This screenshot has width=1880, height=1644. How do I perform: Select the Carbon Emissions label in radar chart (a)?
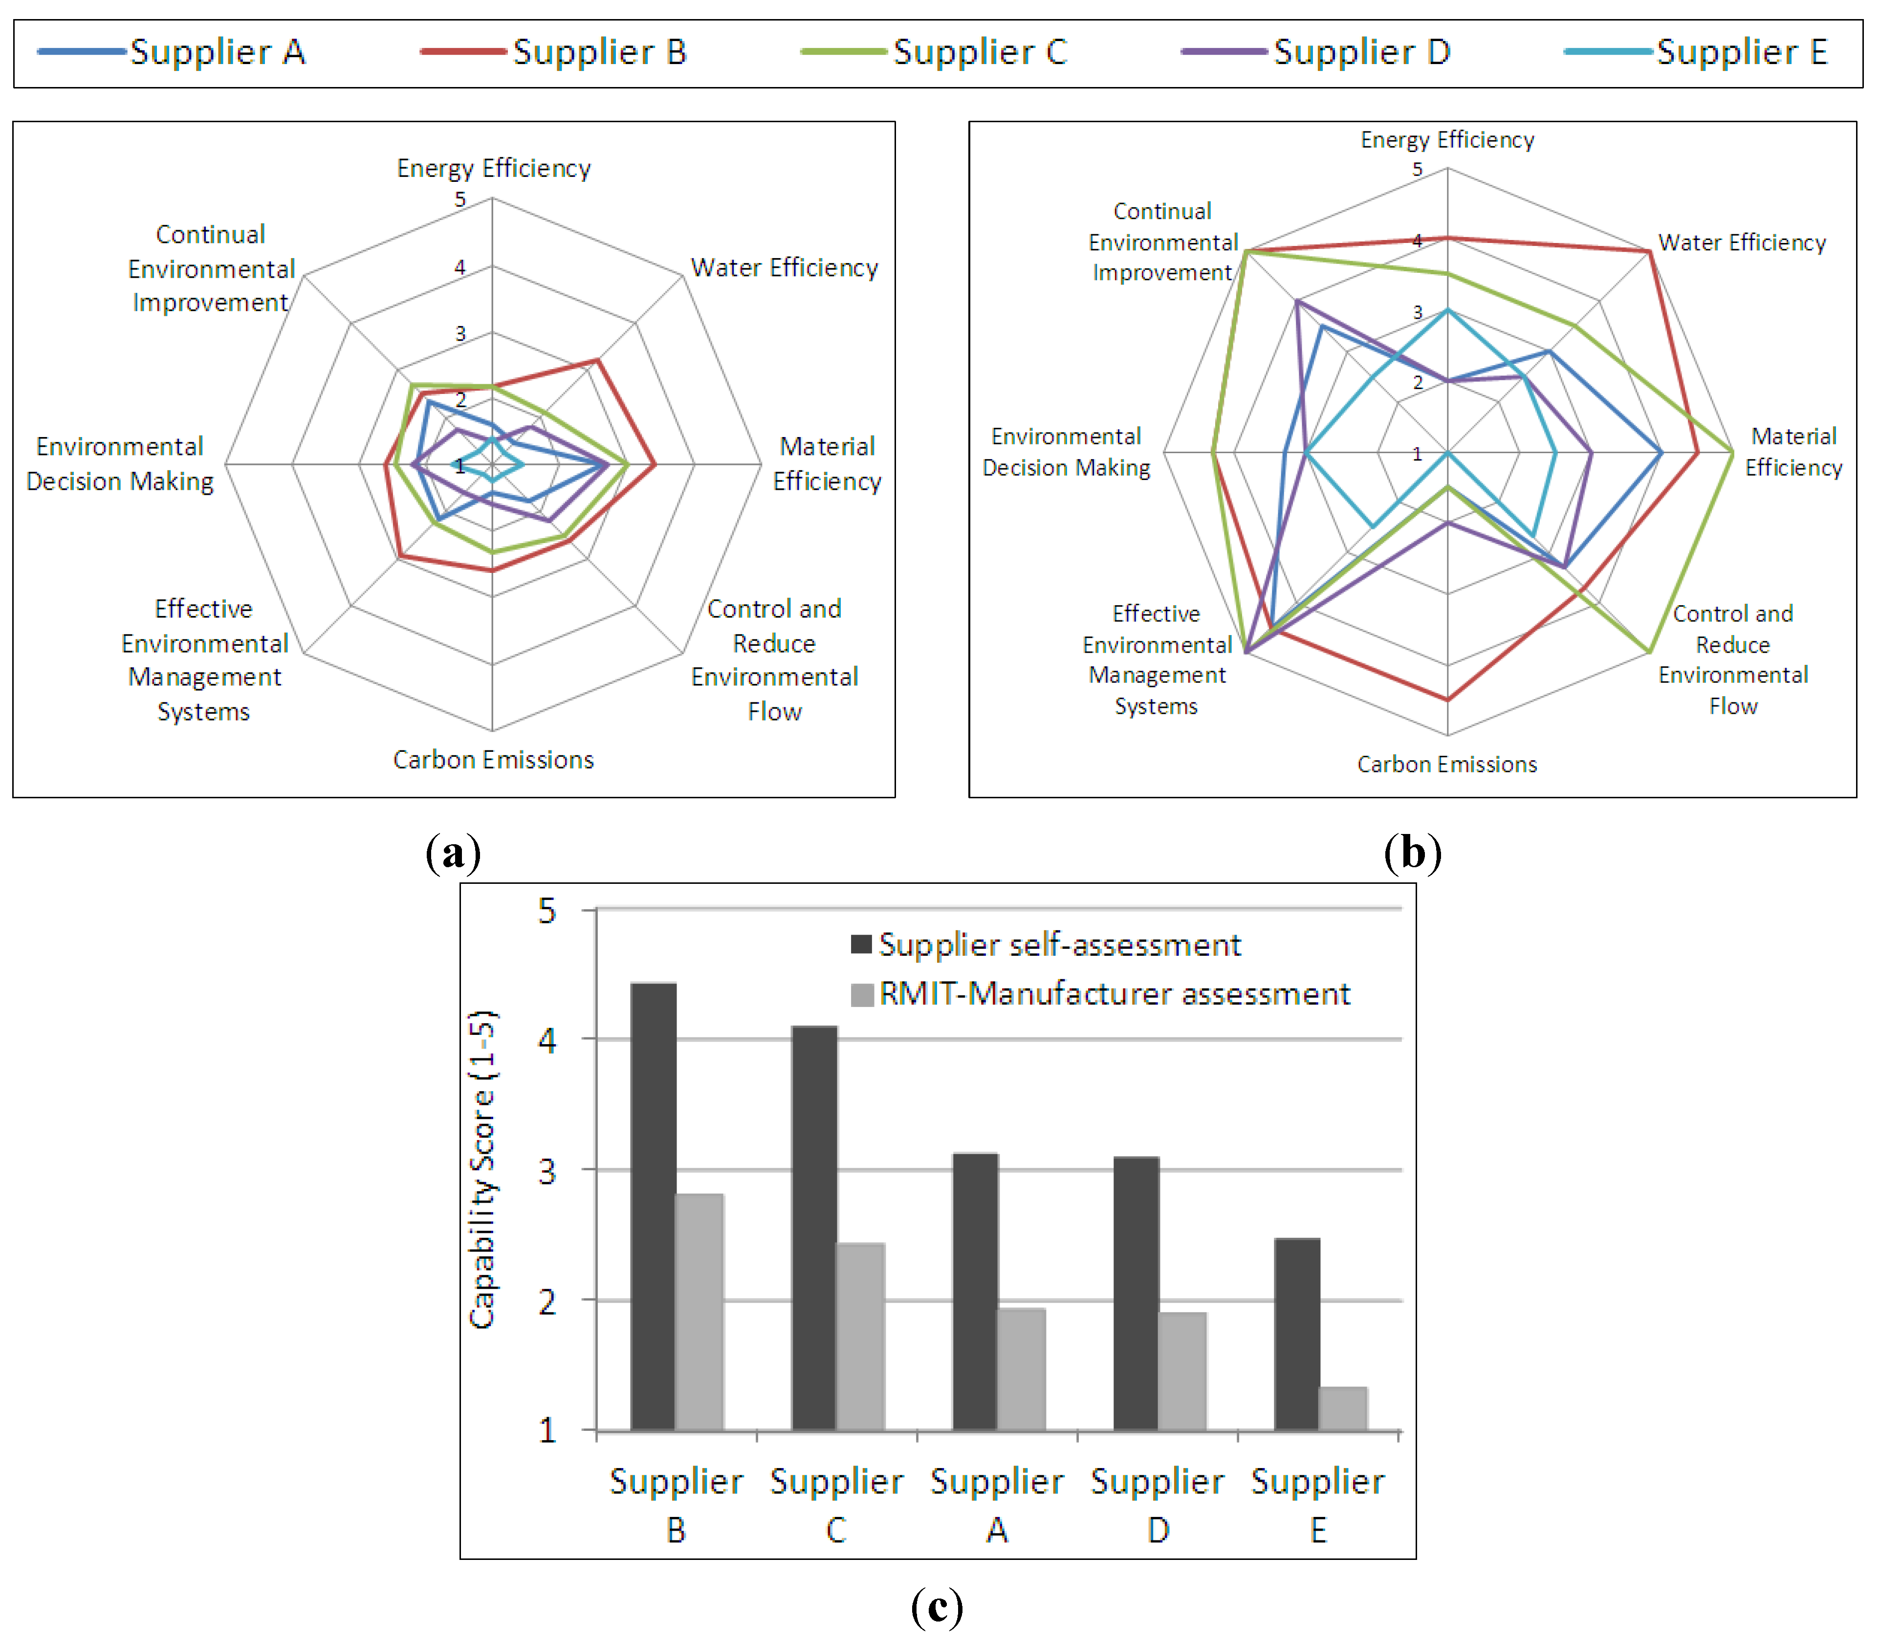pyautogui.click(x=494, y=760)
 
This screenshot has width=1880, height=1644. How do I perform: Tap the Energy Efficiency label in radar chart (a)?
pyautogui.click(x=494, y=168)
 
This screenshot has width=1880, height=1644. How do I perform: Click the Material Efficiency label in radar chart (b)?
pyautogui.click(x=1793, y=451)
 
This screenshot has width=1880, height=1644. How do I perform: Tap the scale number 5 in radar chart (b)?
pyautogui.click(x=1418, y=170)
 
